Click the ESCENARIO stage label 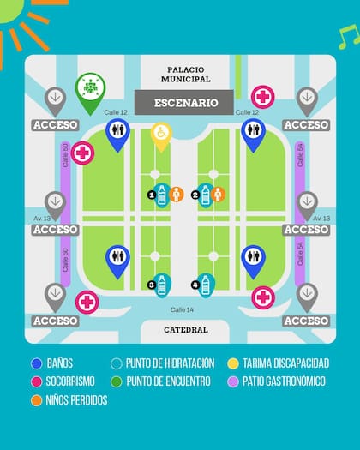186,103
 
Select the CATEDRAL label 186,329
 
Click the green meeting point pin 89,90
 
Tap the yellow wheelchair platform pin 161,135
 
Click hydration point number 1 162,195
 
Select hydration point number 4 206,283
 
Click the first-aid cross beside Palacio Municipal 263,96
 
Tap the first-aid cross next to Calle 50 83,153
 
